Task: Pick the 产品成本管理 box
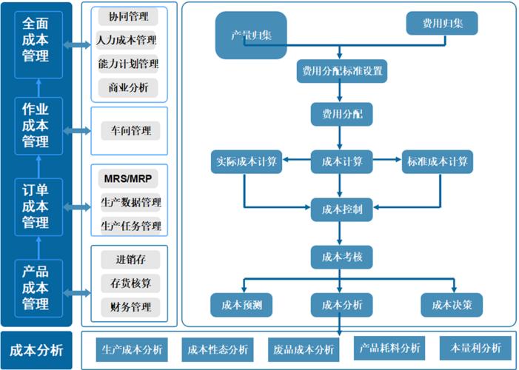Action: point(36,286)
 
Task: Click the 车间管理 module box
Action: point(130,131)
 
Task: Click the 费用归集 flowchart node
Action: point(442,24)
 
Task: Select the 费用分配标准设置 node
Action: point(341,71)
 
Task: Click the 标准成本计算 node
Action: point(437,162)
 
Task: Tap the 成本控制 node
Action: point(341,210)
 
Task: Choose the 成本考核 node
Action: point(341,257)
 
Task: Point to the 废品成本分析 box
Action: point(303,349)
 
